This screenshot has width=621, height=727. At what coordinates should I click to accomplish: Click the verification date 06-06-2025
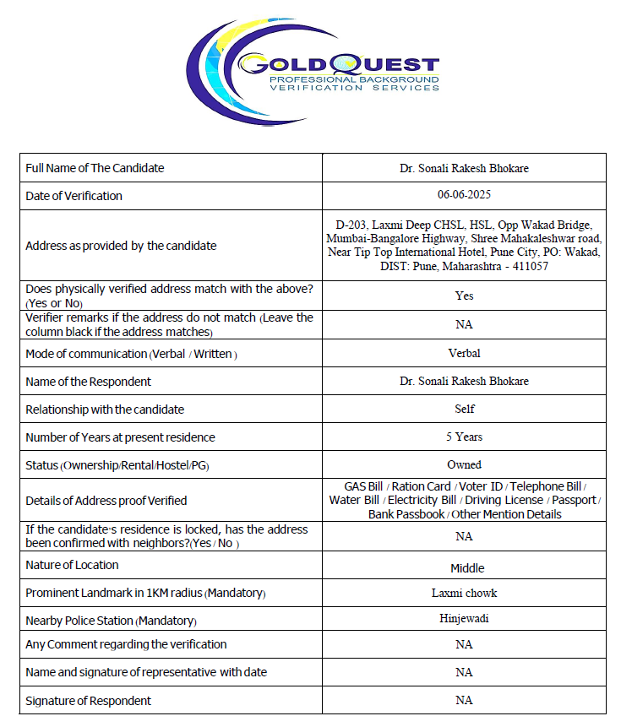tap(464, 195)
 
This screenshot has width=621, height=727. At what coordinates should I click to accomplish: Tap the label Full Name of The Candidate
tap(95, 168)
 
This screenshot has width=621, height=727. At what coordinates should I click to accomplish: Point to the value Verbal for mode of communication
tap(464, 353)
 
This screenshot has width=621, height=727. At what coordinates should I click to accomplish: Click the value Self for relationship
tap(464, 409)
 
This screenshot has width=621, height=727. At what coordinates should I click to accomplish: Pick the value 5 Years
tap(464, 437)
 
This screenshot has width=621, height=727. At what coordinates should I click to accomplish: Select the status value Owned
tap(464, 464)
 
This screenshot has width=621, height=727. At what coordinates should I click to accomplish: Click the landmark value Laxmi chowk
tap(464, 593)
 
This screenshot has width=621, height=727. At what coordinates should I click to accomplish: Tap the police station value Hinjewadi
tap(464, 618)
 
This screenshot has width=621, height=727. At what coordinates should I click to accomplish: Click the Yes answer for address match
tap(464, 296)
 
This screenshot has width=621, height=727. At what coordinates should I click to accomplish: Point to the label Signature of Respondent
tap(89, 701)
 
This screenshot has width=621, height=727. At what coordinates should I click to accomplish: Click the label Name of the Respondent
tap(89, 382)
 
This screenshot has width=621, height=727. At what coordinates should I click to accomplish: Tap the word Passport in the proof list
tap(574, 500)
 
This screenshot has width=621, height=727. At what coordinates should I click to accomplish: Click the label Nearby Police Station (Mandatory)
tap(111, 621)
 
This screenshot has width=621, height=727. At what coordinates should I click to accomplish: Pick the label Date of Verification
tap(74, 196)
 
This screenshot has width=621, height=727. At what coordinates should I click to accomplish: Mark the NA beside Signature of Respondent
tap(464, 700)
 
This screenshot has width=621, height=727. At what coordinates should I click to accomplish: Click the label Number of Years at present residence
tap(120, 437)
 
